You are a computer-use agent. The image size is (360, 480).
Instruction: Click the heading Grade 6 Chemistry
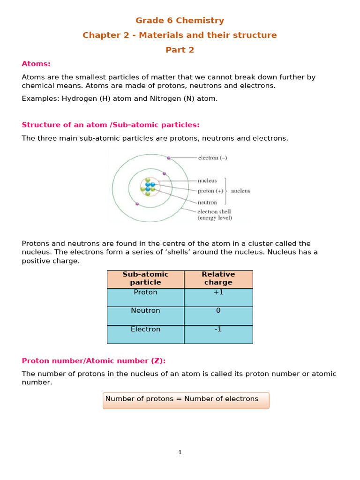pos(180,21)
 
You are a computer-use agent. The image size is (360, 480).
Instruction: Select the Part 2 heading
pos(180,50)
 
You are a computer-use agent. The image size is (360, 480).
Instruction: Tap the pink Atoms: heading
pos(36,64)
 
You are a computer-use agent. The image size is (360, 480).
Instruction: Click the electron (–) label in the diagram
pos(212,158)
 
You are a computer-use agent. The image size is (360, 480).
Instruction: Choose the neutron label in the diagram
pos(207,202)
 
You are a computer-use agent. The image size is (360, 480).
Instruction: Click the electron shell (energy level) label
pos(215,215)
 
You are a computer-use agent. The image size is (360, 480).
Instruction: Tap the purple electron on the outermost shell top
pos(169,158)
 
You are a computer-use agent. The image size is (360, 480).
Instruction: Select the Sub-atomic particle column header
pos(145,278)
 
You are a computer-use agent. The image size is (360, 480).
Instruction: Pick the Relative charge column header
pos(218,278)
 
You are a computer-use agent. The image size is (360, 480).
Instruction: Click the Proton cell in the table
pos(145,292)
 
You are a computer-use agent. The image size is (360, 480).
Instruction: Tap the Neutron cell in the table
pos(145,311)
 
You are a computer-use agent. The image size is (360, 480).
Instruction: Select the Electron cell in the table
pos(145,330)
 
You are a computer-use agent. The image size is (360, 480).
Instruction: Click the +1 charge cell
pos(218,292)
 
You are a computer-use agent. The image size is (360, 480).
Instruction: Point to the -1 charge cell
pos(218,330)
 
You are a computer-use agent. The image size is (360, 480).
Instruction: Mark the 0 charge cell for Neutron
pos(218,311)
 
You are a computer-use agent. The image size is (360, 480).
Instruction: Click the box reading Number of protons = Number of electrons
pos(186,400)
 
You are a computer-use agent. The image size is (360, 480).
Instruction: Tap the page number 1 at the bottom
pos(180,452)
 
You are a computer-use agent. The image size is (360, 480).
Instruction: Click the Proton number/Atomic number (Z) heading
pos(94,360)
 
